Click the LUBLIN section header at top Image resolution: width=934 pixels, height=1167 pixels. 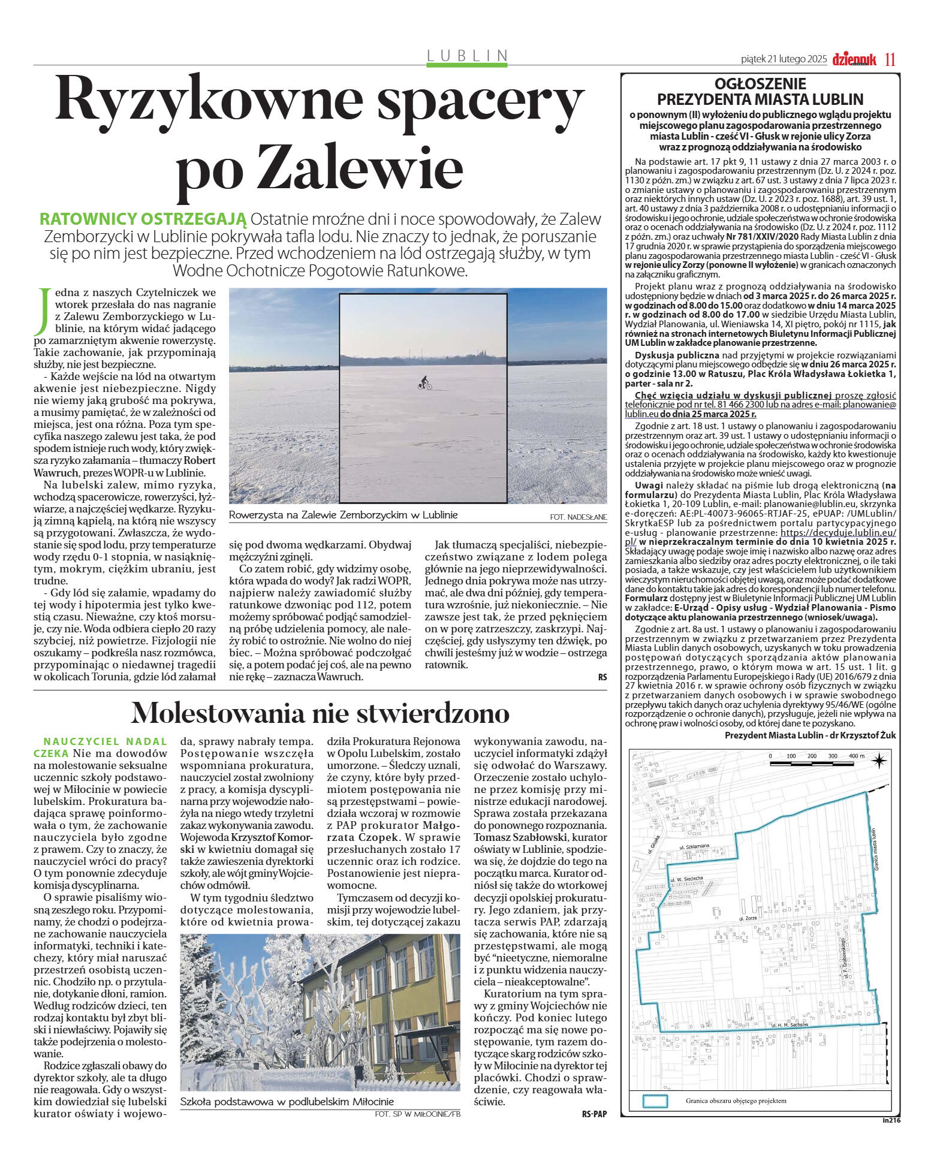tap(467, 56)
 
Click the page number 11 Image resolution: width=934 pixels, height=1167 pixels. tap(890, 59)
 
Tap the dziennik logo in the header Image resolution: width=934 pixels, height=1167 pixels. tap(854, 59)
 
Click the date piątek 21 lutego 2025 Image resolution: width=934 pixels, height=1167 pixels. tap(784, 59)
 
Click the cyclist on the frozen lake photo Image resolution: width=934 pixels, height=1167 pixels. tap(424, 384)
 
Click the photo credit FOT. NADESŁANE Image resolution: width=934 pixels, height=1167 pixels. tap(577, 517)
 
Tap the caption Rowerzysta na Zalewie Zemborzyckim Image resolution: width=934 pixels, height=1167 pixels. tap(343, 515)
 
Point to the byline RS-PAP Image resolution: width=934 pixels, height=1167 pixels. tap(593, 1114)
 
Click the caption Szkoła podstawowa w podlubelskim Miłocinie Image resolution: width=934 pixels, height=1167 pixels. tap(287, 1102)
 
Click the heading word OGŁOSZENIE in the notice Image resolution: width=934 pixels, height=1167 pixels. tap(760, 84)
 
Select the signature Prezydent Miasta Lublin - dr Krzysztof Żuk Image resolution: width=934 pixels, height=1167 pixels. tap(810, 735)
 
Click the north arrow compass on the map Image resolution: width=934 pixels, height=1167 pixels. tap(879, 762)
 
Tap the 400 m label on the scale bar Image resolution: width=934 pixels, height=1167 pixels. tap(857, 756)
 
